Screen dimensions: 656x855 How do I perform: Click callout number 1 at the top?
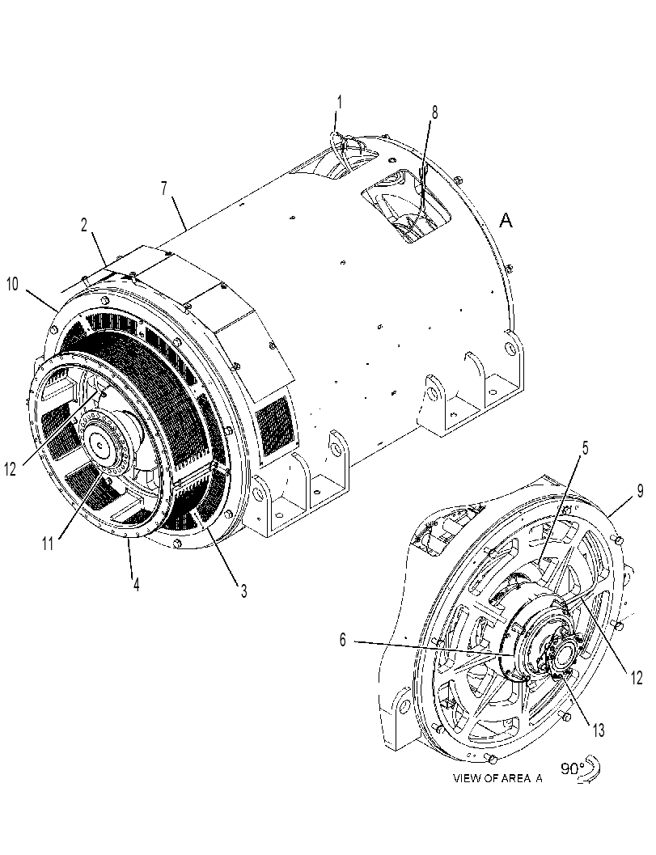click(x=339, y=102)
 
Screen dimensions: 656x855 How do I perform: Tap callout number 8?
click(x=434, y=112)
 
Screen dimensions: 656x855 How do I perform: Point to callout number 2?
click(x=84, y=225)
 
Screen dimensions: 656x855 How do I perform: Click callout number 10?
click(x=13, y=285)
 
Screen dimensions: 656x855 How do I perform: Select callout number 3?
click(x=243, y=590)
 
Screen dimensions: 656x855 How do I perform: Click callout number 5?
click(x=585, y=448)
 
